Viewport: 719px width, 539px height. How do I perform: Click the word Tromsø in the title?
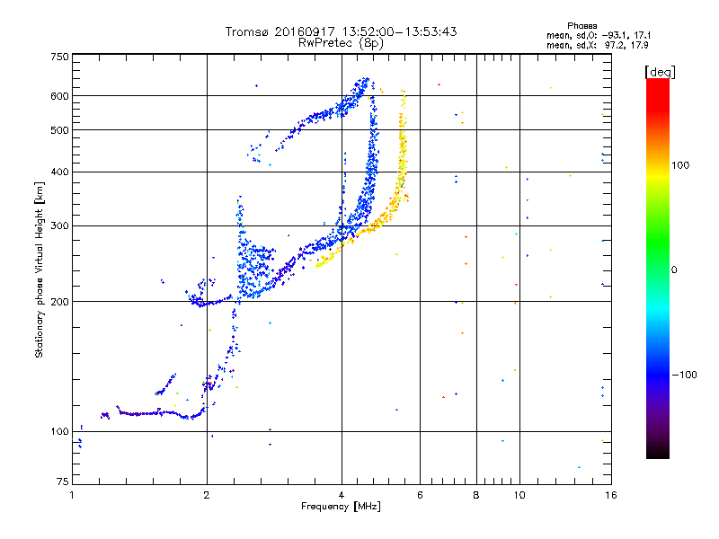coord(248,31)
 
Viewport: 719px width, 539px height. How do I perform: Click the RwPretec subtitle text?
coord(322,42)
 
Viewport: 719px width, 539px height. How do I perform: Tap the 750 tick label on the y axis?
coord(59,57)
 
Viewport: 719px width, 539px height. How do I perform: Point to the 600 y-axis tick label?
coord(59,96)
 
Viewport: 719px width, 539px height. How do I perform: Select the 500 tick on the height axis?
coord(59,130)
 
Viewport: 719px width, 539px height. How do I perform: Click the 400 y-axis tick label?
coord(59,172)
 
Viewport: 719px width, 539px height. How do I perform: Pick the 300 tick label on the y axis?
coord(59,225)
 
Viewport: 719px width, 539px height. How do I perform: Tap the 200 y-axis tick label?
coord(59,302)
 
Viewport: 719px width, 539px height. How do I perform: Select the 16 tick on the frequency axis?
coord(609,496)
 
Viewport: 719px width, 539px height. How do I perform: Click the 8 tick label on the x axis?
coord(476,496)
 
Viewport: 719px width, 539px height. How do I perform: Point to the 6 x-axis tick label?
coord(420,496)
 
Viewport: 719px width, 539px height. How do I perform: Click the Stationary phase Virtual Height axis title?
coord(40,270)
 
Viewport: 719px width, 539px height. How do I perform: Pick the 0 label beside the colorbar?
coord(676,269)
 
